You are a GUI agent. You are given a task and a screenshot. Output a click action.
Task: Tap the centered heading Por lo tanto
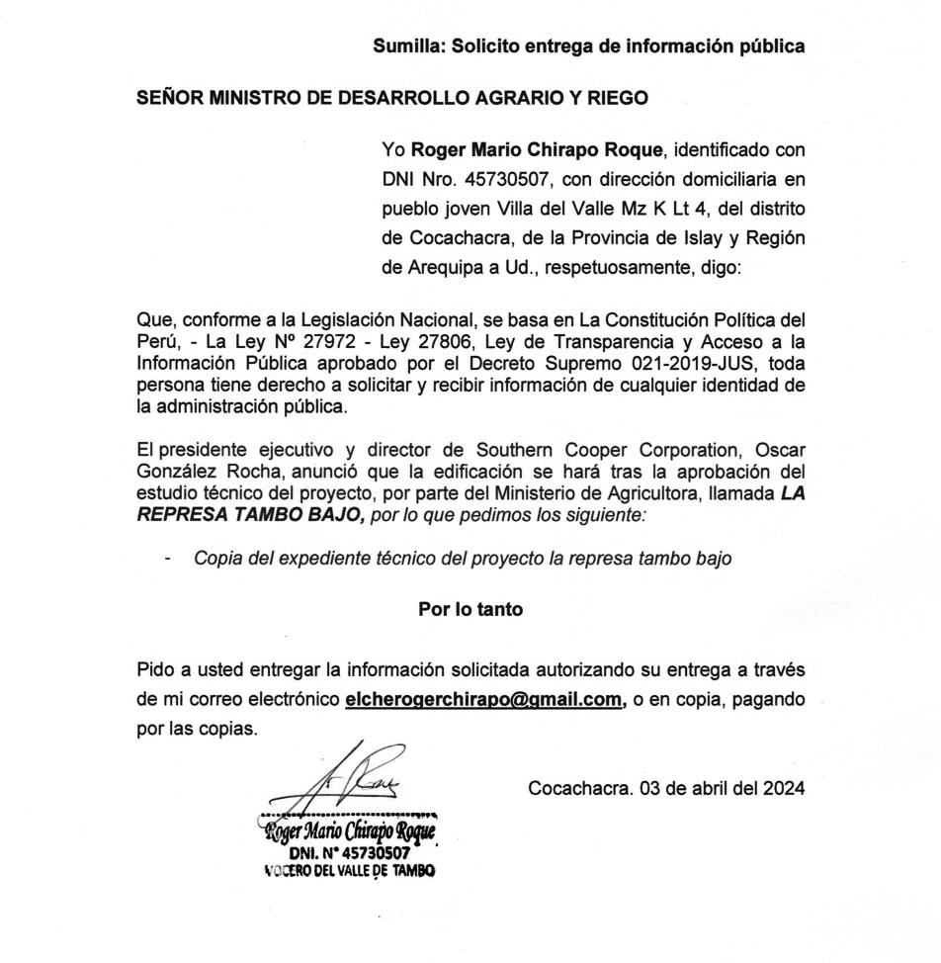click(470, 610)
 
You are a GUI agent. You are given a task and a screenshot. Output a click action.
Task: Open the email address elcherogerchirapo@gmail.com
click(484, 699)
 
